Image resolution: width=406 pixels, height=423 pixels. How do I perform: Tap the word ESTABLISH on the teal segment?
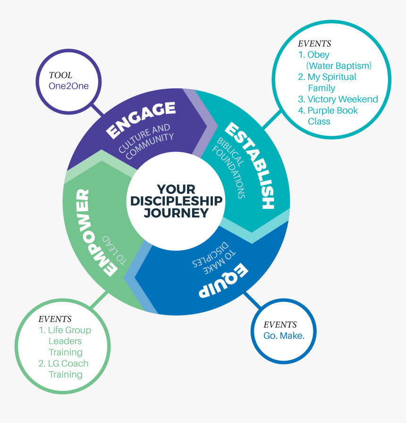(x=249, y=165)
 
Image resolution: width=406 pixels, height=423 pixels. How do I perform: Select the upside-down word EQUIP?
(x=222, y=282)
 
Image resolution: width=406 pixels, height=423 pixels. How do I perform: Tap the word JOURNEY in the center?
(x=176, y=213)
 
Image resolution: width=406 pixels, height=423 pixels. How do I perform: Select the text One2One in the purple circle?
(x=68, y=86)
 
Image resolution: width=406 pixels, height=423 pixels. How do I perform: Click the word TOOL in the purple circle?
(x=60, y=75)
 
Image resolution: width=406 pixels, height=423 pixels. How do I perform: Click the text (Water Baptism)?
(x=338, y=66)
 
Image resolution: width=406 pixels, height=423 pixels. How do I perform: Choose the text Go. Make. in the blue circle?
(x=284, y=336)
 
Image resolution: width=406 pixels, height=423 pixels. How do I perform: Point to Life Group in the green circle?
(x=65, y=330)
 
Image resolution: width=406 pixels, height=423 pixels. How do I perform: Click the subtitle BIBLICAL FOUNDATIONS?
(x=229, y=167)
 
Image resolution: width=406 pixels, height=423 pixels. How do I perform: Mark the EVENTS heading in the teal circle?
(x=314, y=43)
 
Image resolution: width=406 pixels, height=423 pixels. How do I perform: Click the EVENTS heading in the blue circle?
(x=280, y=325)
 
